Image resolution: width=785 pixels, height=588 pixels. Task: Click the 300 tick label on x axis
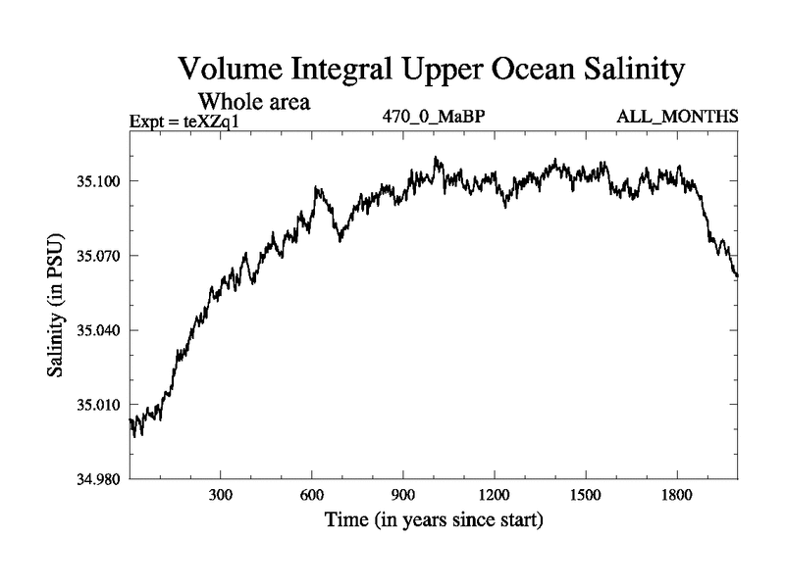(221, 495)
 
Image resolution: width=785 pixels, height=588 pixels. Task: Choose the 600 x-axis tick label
(312, 495)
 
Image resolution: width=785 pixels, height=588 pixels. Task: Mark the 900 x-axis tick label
(403, 495)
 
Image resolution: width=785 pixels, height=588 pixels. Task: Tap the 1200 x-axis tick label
(494, 495)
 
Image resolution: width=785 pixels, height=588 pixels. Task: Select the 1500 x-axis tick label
(585, 495)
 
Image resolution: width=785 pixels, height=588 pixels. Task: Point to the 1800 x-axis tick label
(676, 495)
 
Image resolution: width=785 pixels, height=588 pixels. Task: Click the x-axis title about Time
(434, 519)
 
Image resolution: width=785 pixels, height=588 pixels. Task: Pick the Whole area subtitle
(255, 101)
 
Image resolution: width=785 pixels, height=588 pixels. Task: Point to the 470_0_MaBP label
(435, 117)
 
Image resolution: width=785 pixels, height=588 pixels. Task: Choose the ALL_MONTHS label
(677, 117)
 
